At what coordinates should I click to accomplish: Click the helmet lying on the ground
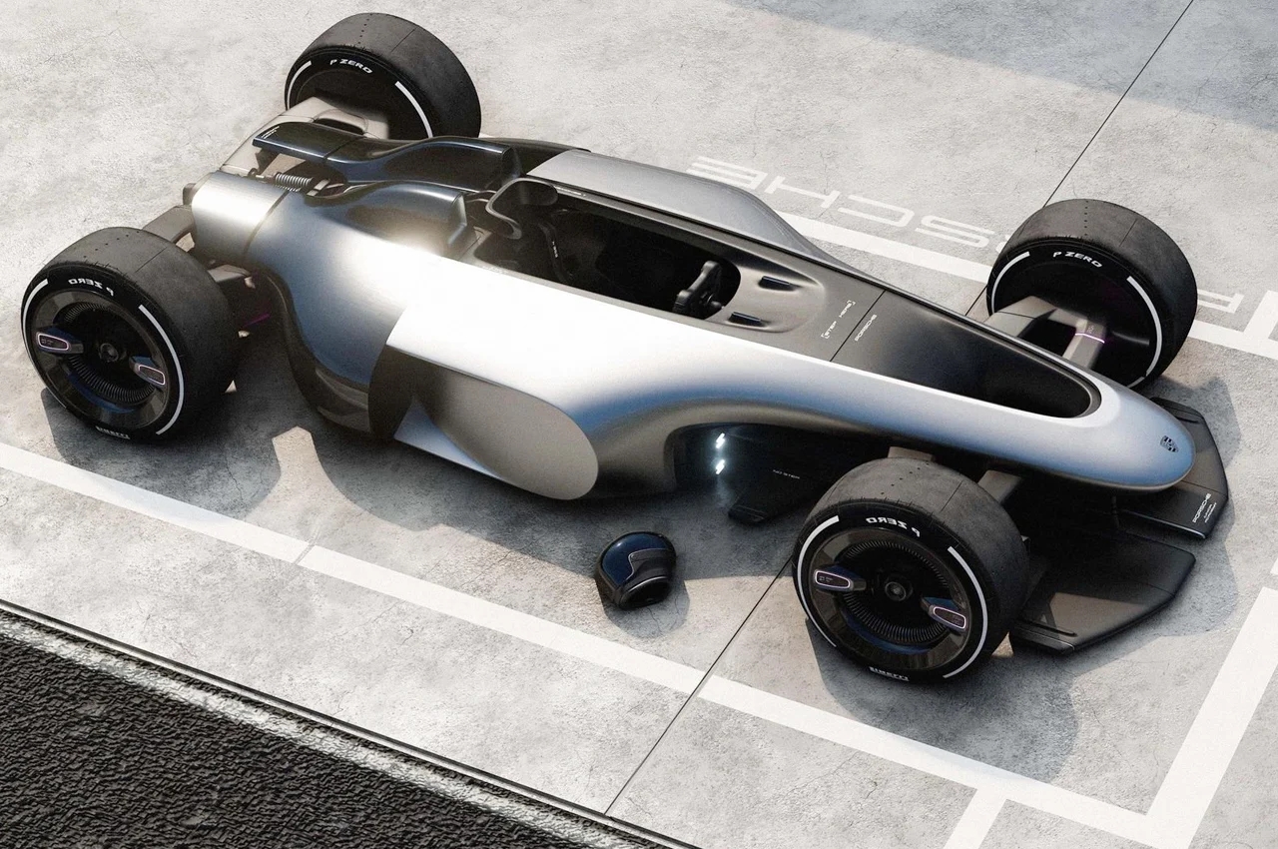pos(635,568)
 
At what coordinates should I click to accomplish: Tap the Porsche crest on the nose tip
pos(1168,443)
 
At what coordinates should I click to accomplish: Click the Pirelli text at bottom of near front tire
pos(887,672)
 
